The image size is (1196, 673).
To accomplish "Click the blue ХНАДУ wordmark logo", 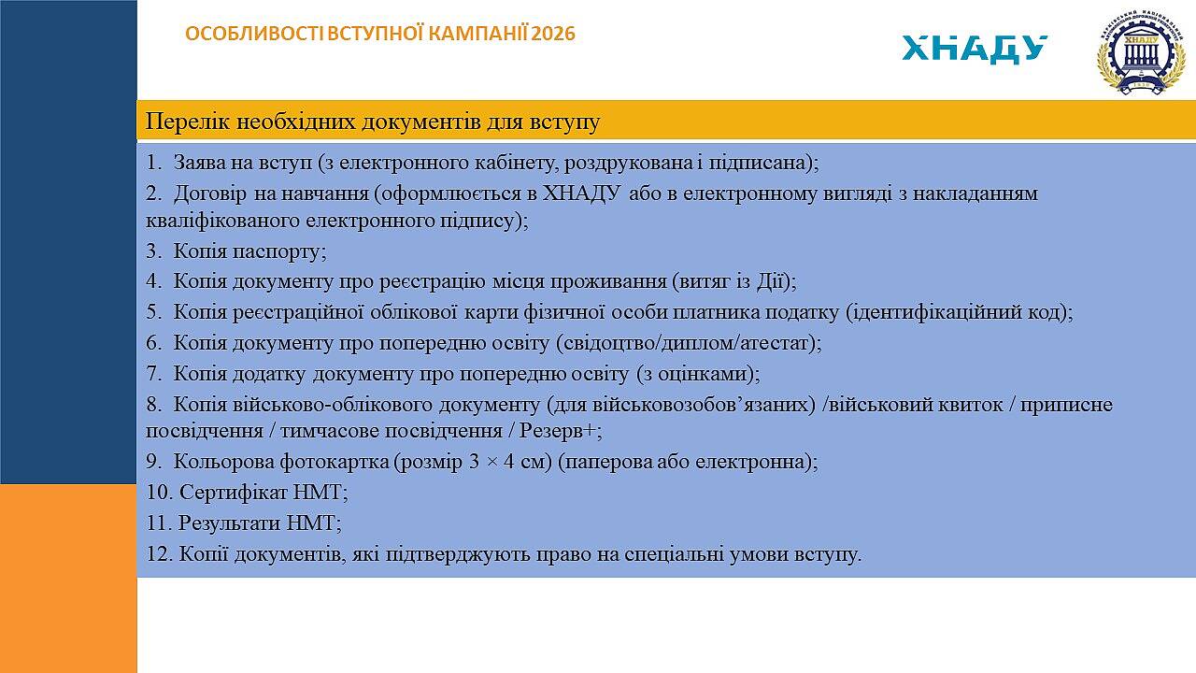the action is [x=975, y=50].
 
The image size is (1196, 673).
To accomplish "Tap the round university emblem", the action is [x=1139, y=52].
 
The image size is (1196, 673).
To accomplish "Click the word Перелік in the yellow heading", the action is [x=188, y=122].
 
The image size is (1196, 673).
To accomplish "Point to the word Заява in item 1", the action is [x=198, y=163].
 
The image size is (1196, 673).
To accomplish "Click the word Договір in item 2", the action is [x=210, y=193].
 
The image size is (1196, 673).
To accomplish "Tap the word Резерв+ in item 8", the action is [x=558, y=431].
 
